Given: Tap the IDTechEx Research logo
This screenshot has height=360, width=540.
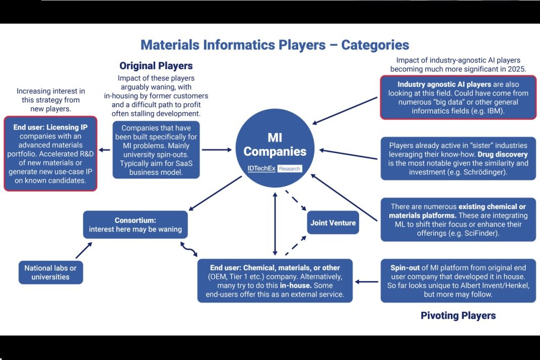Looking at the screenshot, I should pos(275,168).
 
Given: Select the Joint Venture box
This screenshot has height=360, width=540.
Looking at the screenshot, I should pos(333,223).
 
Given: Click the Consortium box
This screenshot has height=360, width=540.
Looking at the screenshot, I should pos(136,224).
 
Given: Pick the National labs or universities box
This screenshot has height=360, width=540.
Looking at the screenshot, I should pos(51,273).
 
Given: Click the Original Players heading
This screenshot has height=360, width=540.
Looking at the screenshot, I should pos(156,66).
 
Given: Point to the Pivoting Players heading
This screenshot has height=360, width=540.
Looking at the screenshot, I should pos(458,316).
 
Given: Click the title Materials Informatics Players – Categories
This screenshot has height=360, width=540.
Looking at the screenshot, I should pos(275,44).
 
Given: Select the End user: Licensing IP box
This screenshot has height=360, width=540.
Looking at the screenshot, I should pos(50,154).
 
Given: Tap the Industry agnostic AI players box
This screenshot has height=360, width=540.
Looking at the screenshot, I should pos(458,98).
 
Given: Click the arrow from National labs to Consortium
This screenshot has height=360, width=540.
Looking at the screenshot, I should pos(83,250).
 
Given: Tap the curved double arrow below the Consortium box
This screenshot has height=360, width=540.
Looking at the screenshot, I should pos(189,248).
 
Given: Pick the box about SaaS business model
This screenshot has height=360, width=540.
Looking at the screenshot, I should pos(156,150).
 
